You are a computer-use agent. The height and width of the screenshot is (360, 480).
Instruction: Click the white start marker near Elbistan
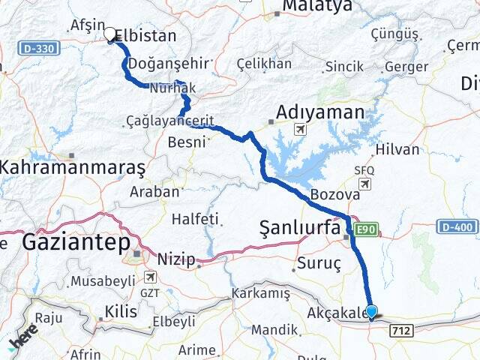[x=111, y=34]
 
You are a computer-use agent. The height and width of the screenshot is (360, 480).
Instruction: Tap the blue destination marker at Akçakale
[x=371, y=310]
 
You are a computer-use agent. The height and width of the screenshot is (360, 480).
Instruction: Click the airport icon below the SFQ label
[x=364, y=184]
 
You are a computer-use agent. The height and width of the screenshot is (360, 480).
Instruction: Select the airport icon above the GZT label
[x=149, y=277]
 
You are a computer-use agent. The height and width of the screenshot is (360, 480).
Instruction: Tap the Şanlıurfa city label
[x=300, y=228]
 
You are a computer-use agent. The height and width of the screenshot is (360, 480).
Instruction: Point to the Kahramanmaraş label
[x=72, y=166]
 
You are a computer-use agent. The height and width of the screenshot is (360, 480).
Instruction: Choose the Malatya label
[x=316, y=6]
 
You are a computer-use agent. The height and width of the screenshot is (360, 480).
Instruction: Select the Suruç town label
[x=320, y=264]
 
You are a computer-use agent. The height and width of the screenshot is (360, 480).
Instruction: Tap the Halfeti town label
[x=196, y=219]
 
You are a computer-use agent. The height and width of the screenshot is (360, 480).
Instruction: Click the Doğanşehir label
[x=160, y=63]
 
